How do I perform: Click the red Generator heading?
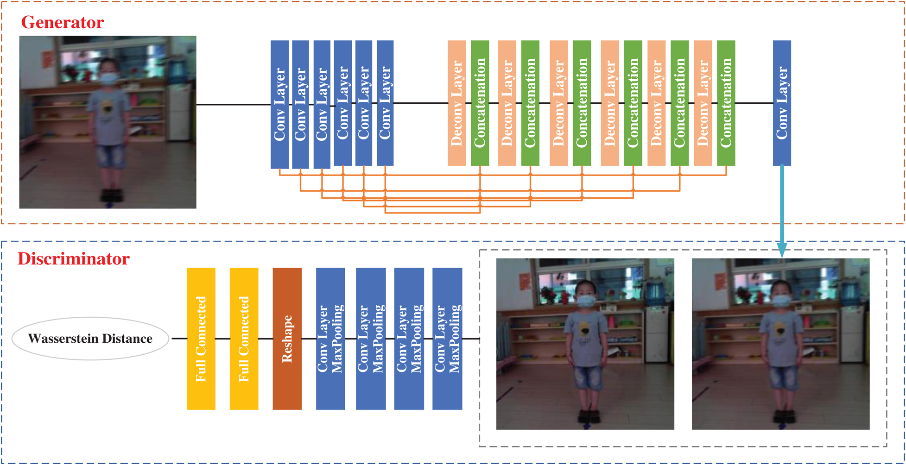[63, 22]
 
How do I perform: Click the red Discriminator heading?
[73, 258]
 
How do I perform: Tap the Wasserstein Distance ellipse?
[90, 339]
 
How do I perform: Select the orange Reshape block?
[287, 339]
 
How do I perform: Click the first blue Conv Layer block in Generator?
[279, 104]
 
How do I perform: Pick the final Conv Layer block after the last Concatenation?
[782, 103]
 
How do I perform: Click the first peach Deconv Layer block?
[456, 103]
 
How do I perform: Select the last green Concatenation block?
[726, 103]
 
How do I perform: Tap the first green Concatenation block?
[480, 103]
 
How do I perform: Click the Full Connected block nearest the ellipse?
[201, 339]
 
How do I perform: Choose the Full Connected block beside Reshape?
[244, 339]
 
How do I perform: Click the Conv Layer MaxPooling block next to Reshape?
[330, 339]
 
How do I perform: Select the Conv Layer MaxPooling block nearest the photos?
[447, 339]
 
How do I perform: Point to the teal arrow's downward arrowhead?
[782, 250]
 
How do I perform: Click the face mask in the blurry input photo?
[109, 78]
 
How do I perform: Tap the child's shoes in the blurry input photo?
[112, 195]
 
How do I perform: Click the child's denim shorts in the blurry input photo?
[112, 155]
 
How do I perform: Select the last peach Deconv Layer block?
[703, 103]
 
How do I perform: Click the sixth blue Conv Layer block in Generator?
[385, 103]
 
